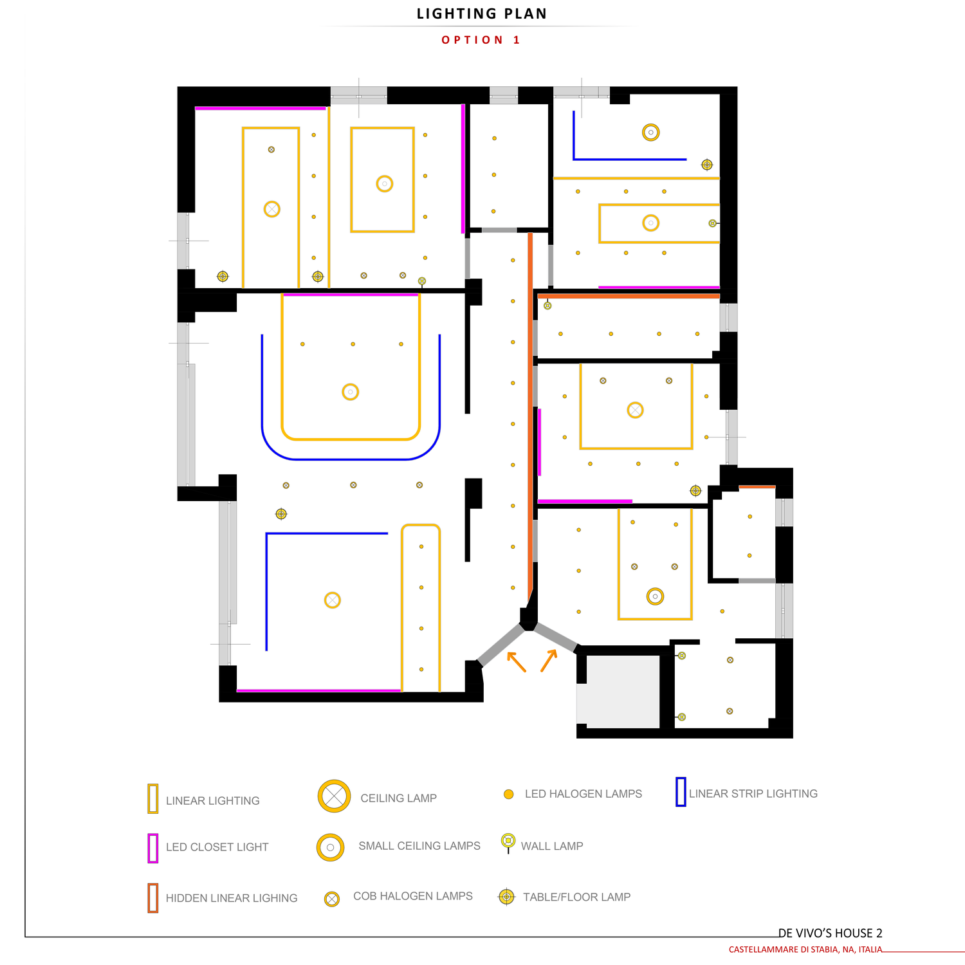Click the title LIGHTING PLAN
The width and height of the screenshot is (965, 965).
[482, 14]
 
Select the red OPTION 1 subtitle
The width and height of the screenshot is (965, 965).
[481, 40]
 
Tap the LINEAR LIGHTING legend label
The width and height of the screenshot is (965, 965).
[213, 801]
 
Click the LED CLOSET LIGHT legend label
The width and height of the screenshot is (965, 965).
[217, 847]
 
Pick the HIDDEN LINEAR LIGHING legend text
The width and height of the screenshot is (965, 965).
[232, 898]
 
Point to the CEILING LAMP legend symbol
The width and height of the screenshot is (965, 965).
[334, 796]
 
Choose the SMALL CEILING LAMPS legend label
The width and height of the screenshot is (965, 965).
[419, 846]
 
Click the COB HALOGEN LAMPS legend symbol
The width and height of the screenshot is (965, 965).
[332, 899]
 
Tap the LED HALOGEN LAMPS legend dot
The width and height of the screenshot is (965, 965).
[508, 795]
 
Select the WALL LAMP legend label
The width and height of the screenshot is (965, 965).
[552, 847]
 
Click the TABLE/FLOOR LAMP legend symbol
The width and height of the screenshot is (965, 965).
[507, 896]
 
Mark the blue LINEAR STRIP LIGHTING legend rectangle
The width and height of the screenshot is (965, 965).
[681, 792]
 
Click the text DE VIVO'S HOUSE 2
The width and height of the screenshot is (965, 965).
[830, 933]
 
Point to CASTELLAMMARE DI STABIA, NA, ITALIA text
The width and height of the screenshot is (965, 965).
[805, 950]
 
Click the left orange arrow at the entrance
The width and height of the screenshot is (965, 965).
[517, 662]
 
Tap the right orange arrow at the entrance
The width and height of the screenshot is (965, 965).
[549, 661]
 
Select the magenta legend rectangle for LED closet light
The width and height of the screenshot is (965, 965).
[153, 848]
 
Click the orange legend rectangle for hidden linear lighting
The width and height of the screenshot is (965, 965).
[153, 898]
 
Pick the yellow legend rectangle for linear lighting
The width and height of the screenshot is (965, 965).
[153, 798]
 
